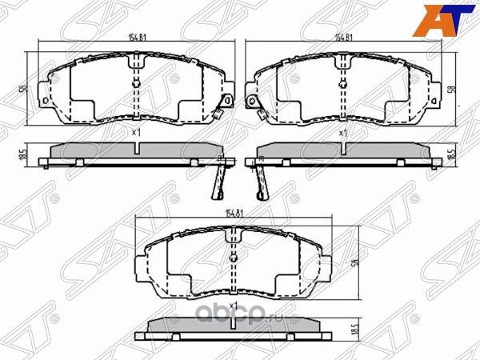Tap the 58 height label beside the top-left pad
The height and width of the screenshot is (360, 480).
(x=22, y=90)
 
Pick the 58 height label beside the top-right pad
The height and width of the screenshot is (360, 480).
(x=454, y=90)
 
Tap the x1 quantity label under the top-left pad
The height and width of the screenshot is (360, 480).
(x=135, y=132)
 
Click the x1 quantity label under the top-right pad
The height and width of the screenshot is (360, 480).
(x=342, y=132)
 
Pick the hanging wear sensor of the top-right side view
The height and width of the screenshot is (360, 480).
(x=260, y=180)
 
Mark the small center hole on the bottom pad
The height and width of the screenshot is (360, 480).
(x=233, y=257)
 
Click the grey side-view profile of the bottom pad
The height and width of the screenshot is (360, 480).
(x=234, y=322)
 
